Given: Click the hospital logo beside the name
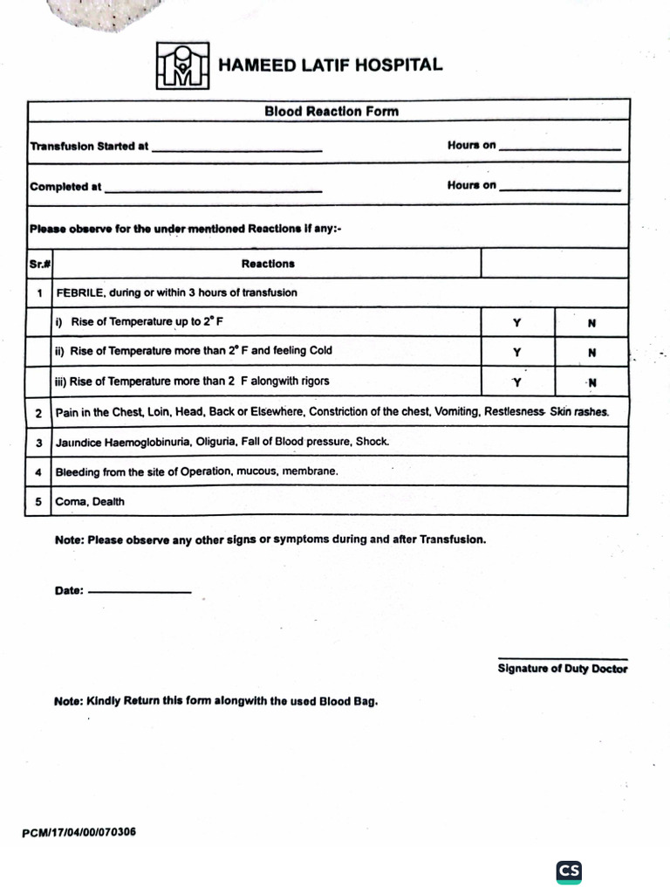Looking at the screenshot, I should coord(183,65).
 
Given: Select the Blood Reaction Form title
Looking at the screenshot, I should coord(332,111).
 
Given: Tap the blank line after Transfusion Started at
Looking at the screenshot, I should coord(237,149).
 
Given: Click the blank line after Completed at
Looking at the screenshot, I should coord(213,189).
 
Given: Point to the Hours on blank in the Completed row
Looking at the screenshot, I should coord(559,188).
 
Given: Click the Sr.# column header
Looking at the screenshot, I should coord(38,263).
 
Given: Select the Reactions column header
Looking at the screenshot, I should coord(268,263).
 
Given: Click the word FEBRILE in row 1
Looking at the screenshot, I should coord(81,292).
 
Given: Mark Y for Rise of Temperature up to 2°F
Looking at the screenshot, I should coord(517,322).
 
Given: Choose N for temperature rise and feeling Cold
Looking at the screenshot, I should coord(592,353).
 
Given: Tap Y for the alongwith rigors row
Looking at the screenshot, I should coord(516,382).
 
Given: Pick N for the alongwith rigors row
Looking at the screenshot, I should coord(592,382).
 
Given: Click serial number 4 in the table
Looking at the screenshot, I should coord(38,471).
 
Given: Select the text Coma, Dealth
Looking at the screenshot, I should coord(90,502).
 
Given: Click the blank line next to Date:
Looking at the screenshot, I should coord(140,593).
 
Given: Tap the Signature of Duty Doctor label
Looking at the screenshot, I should coord(563,669).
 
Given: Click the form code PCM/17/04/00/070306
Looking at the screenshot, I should coord(79,832).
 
